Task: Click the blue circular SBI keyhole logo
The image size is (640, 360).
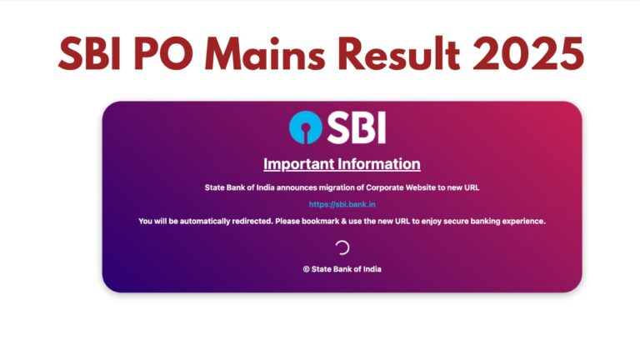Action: click(x=306, y=127)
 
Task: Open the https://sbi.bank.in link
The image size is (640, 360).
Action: click(x=342, y=204)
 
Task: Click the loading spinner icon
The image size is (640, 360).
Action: click(x=342, y=247)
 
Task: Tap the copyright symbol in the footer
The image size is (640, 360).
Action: click(x=306, y=269)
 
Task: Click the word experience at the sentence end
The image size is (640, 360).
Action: click(x=525, y=221)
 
